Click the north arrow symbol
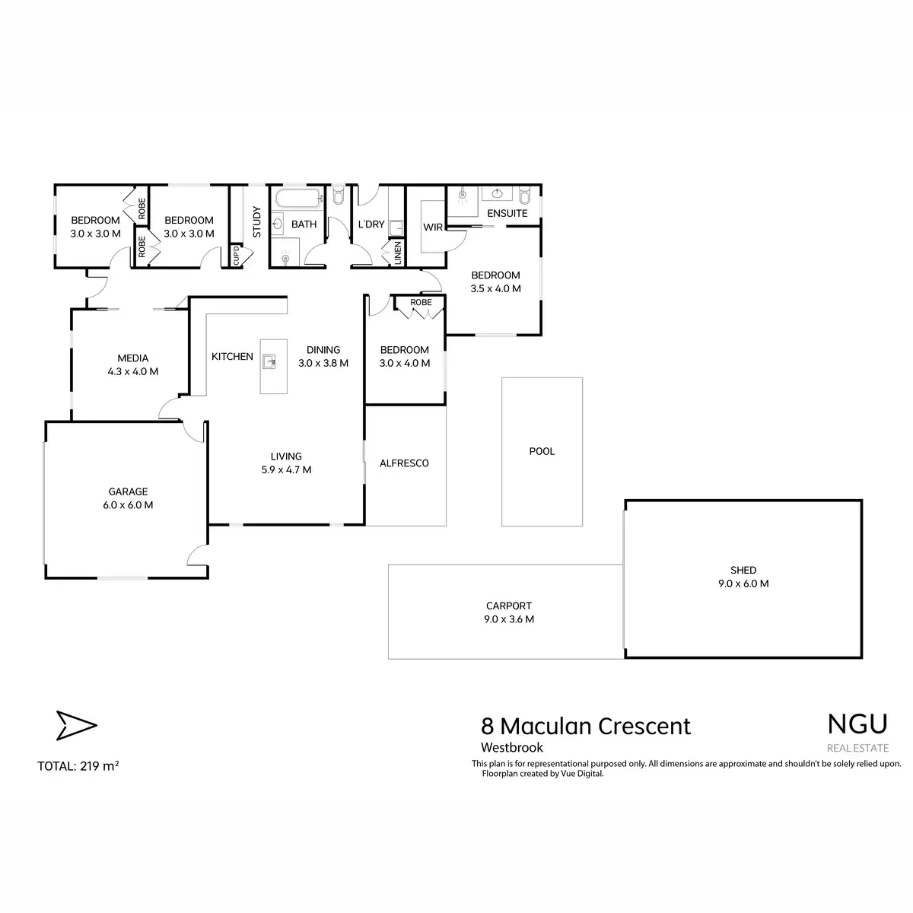[76, 725]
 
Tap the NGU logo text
[857, 724]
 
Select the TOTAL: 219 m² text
[78, 766]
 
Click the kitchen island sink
[269, 362]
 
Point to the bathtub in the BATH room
[299, 199]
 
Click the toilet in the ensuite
[524, 195]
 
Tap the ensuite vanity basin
[497, 193]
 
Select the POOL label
[542, 451]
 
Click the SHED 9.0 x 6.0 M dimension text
[743, 584]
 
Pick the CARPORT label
[509, 606]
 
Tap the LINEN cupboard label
[397, 253]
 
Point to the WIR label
[433, 227]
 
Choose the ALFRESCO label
[404, 463]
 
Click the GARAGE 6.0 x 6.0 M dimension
[128, 505]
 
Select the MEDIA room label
[132, 358]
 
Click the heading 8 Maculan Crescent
[586, 727]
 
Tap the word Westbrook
[512, 748]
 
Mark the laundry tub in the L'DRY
[396, 228]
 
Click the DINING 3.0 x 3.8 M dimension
[323, 364]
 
